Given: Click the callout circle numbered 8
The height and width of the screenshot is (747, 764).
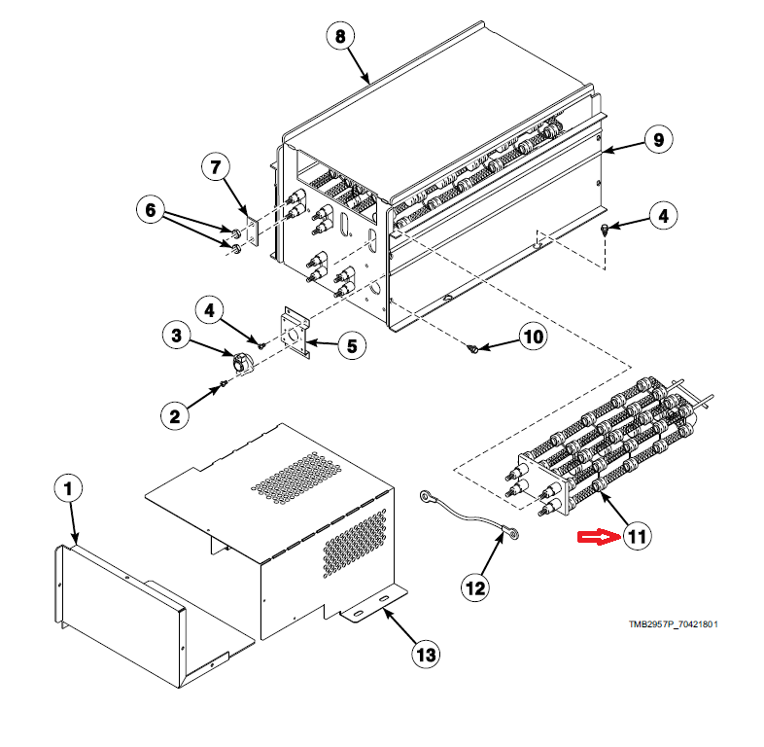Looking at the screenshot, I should pyautogui.click(x=339, y=37).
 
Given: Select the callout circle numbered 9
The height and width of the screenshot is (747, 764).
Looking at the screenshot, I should pyautogui.click(x=657, y=140).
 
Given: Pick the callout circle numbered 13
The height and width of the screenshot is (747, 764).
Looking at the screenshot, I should pyautogui.click(x=423, y=655).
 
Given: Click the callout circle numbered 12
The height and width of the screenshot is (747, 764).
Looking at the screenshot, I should pyautogui.click(x=476, y=587).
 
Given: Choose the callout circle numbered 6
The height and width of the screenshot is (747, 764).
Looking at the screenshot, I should pyautogui.click(x=150, y=209).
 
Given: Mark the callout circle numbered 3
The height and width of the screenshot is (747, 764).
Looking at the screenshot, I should pyautogui.click(x=177, y=336).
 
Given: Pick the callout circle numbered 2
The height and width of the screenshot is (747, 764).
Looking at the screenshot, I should pyautogui.click(x=175, y=416).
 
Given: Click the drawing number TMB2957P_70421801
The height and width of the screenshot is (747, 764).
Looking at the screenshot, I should pyautogui.click(x=673, y=624).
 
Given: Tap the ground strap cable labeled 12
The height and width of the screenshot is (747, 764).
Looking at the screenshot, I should pyautogui.click(x=468, y=515).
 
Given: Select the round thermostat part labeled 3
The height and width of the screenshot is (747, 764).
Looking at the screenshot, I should pyautogui.click(x=240, y=363).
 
